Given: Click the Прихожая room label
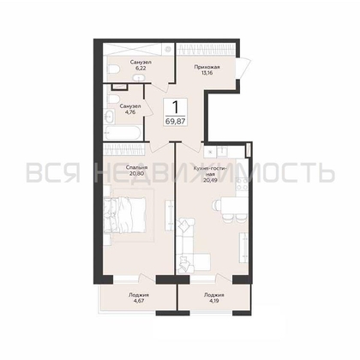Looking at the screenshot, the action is [207, 67].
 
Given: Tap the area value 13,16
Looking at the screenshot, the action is [207, 73].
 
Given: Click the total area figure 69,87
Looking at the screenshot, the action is [175, 121].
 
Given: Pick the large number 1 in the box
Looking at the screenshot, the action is [175, 107].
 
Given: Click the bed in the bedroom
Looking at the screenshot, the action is [125, 214].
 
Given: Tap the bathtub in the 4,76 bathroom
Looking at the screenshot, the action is [123, 133].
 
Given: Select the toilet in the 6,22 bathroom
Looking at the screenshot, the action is [113, 69].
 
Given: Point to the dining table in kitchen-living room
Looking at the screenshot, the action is [234, 205].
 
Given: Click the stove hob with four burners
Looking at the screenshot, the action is [242, 184].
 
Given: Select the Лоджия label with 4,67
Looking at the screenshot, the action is [138, 295].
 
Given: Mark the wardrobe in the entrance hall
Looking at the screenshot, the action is [206, 49].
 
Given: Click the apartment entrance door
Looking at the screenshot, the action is [243, 69].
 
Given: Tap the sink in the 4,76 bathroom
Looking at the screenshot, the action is [109, 117].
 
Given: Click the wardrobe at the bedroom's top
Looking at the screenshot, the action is [124, 149].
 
